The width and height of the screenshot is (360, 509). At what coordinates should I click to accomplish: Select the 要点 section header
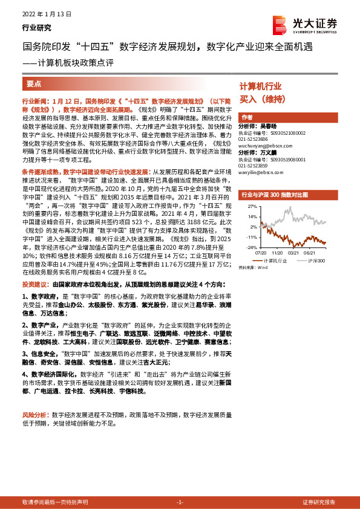34,84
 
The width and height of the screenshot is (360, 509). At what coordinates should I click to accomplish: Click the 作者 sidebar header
247,117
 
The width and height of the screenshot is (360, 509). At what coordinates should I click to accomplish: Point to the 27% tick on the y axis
252,207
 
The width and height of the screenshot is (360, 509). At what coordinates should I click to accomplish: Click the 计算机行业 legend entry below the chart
276,261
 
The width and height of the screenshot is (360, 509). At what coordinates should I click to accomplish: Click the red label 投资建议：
36,284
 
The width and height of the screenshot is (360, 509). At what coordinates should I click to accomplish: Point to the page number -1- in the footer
179,502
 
